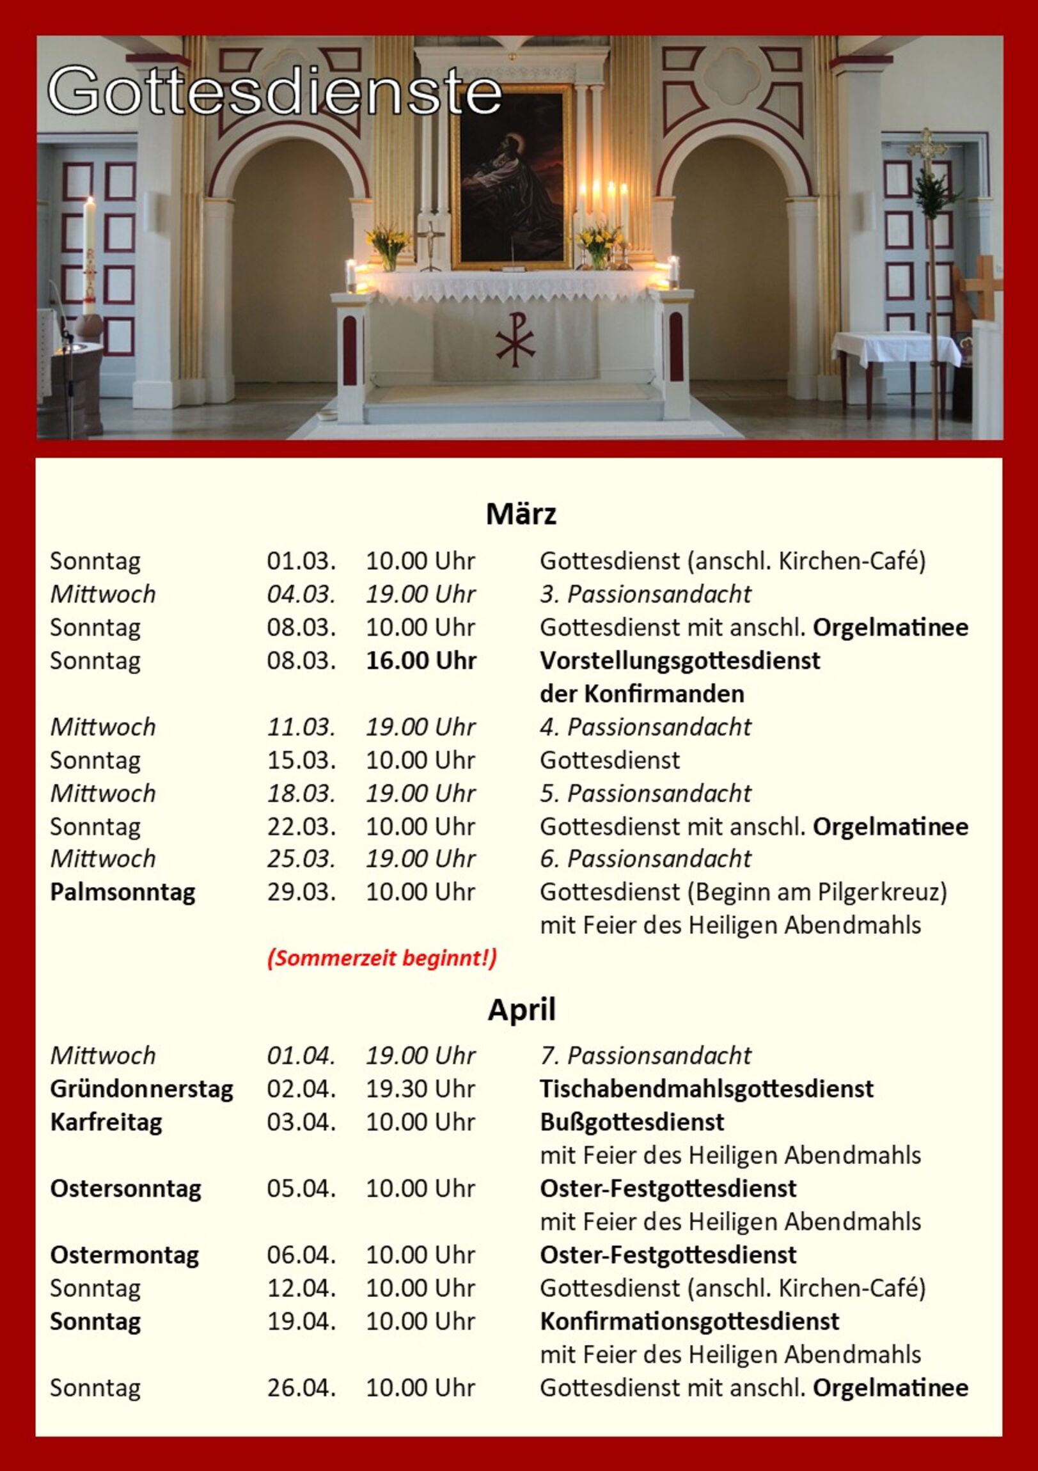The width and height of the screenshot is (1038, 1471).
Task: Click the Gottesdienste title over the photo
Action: tap(274, 91)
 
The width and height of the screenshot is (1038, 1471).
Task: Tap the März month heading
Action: tap(521, 514)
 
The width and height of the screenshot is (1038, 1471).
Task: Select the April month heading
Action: tap(521, 1011)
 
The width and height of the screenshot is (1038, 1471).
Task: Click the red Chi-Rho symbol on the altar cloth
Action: tap(515, 340)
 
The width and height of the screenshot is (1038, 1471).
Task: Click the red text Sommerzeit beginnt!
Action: tap(382, 959)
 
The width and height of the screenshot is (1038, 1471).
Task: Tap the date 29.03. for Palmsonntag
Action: tap(301, 892)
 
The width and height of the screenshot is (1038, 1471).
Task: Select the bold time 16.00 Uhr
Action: tap(420, 661)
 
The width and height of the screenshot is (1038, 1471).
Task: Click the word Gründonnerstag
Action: tap(141, 1089)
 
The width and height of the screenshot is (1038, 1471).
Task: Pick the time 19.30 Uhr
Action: tap(420, 1089)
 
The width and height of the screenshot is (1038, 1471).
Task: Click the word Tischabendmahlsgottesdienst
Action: tap(706, 1089)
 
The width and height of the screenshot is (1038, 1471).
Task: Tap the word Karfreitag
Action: tap(106, 1122)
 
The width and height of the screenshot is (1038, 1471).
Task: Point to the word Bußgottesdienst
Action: tap(632, 1122)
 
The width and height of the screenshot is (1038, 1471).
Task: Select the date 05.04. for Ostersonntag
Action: tap(301, 1188)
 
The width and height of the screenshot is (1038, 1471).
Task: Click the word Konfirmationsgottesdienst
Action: tap(689, 1321)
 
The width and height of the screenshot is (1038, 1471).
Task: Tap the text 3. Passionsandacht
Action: tap(645, 594)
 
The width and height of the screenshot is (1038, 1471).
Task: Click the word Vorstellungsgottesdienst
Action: tap(679, 661)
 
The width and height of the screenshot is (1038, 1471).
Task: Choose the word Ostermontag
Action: tap(124, 1254)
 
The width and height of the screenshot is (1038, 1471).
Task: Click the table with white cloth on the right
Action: tap(896, 349)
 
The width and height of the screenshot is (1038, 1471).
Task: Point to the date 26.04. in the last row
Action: tap(301, 1388)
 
